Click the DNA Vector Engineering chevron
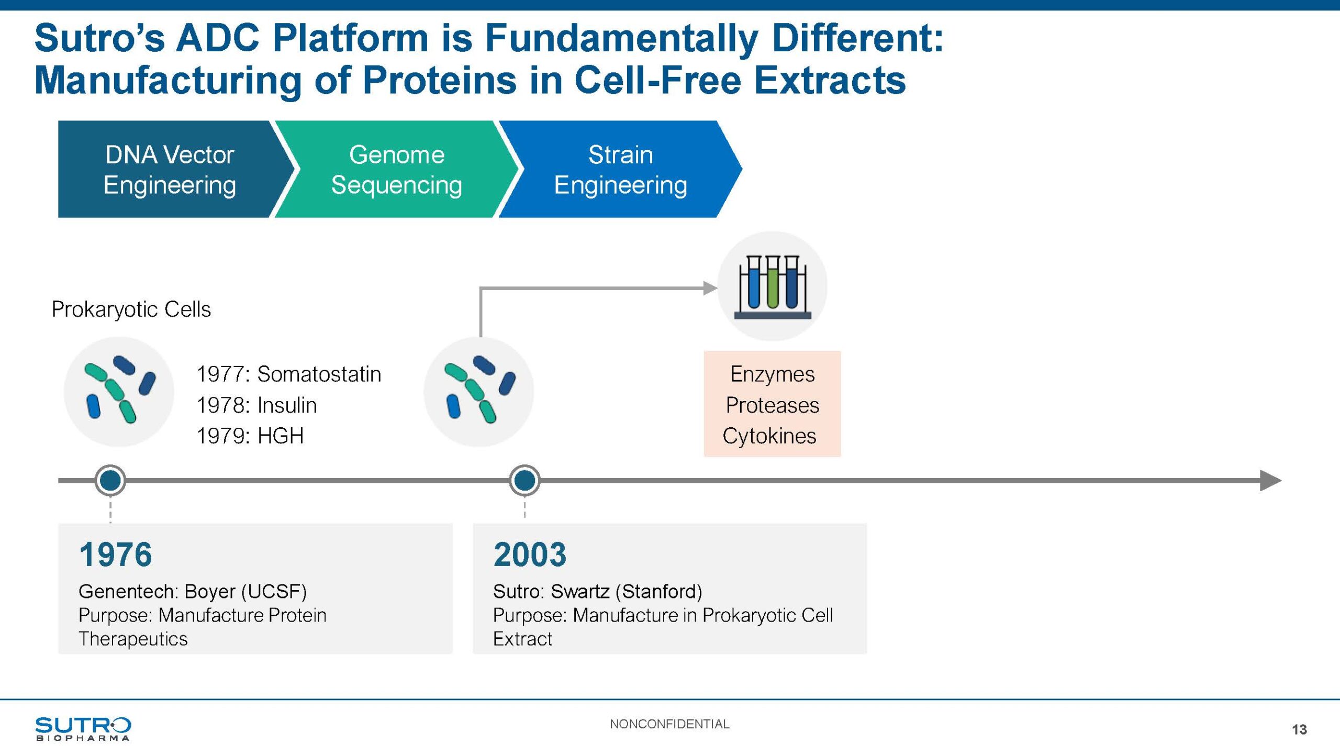pos(170,169)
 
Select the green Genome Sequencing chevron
pos(396,169)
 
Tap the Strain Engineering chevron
pos(620,169)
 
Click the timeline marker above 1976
pos(110,480)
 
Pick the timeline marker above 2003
pos(524,480)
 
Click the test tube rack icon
pos(772,286)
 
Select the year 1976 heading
pos(116,555)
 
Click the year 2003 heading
pos(530,555)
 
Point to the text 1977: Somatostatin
pos(288,374)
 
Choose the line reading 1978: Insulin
pos(256,405)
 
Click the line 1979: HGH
pos(250,436)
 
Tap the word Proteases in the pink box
pos(772,405)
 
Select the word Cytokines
pos(769,436)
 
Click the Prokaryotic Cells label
pos(131,309)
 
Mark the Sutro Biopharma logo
pos(83,728)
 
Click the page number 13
pos(1299,729)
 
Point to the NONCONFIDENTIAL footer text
pos(669,724)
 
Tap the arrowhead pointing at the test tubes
pos(710,287)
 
